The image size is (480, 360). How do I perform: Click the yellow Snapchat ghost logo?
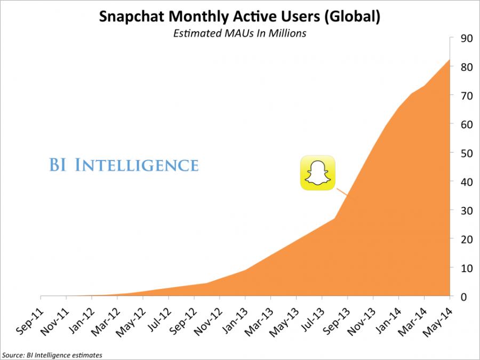pos(317,173)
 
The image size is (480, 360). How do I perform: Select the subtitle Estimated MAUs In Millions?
pos(239,33)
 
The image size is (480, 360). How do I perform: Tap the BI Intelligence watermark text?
pos(124,165)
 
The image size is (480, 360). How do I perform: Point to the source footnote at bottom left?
pos(52,354)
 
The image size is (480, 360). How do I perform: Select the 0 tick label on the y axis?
pos(465,297)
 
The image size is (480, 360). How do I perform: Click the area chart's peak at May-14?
pos(449,60)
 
